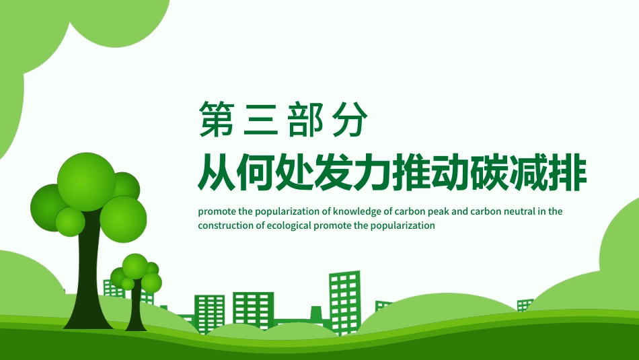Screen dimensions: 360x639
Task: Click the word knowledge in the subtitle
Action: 356,211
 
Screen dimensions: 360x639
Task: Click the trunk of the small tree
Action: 135,310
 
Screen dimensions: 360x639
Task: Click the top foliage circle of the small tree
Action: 135,266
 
